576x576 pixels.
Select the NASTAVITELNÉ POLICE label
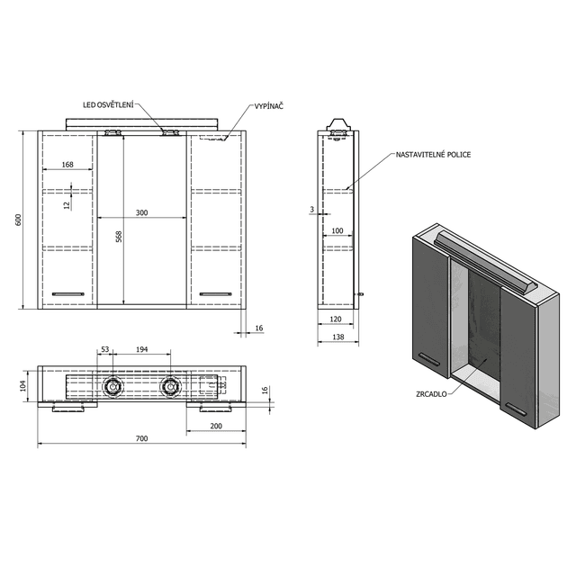[x=433, y=155]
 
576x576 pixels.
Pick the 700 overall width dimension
[x=141, y=438]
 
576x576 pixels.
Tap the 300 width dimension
[x=141, y=213]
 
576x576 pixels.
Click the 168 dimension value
[x=67, y=165]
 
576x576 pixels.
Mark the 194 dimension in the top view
[x=141, y=348]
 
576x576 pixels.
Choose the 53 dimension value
[x=105, y=348]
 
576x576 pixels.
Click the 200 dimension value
[x=217, y=425]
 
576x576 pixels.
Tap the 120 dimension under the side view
[x=336, y=319]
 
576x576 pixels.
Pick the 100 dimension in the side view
[x=337, y=232]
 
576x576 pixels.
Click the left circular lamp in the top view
[x=112, y=387]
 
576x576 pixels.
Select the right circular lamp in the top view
[x=170, y=387]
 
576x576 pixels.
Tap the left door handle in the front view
[x=67, y=293]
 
